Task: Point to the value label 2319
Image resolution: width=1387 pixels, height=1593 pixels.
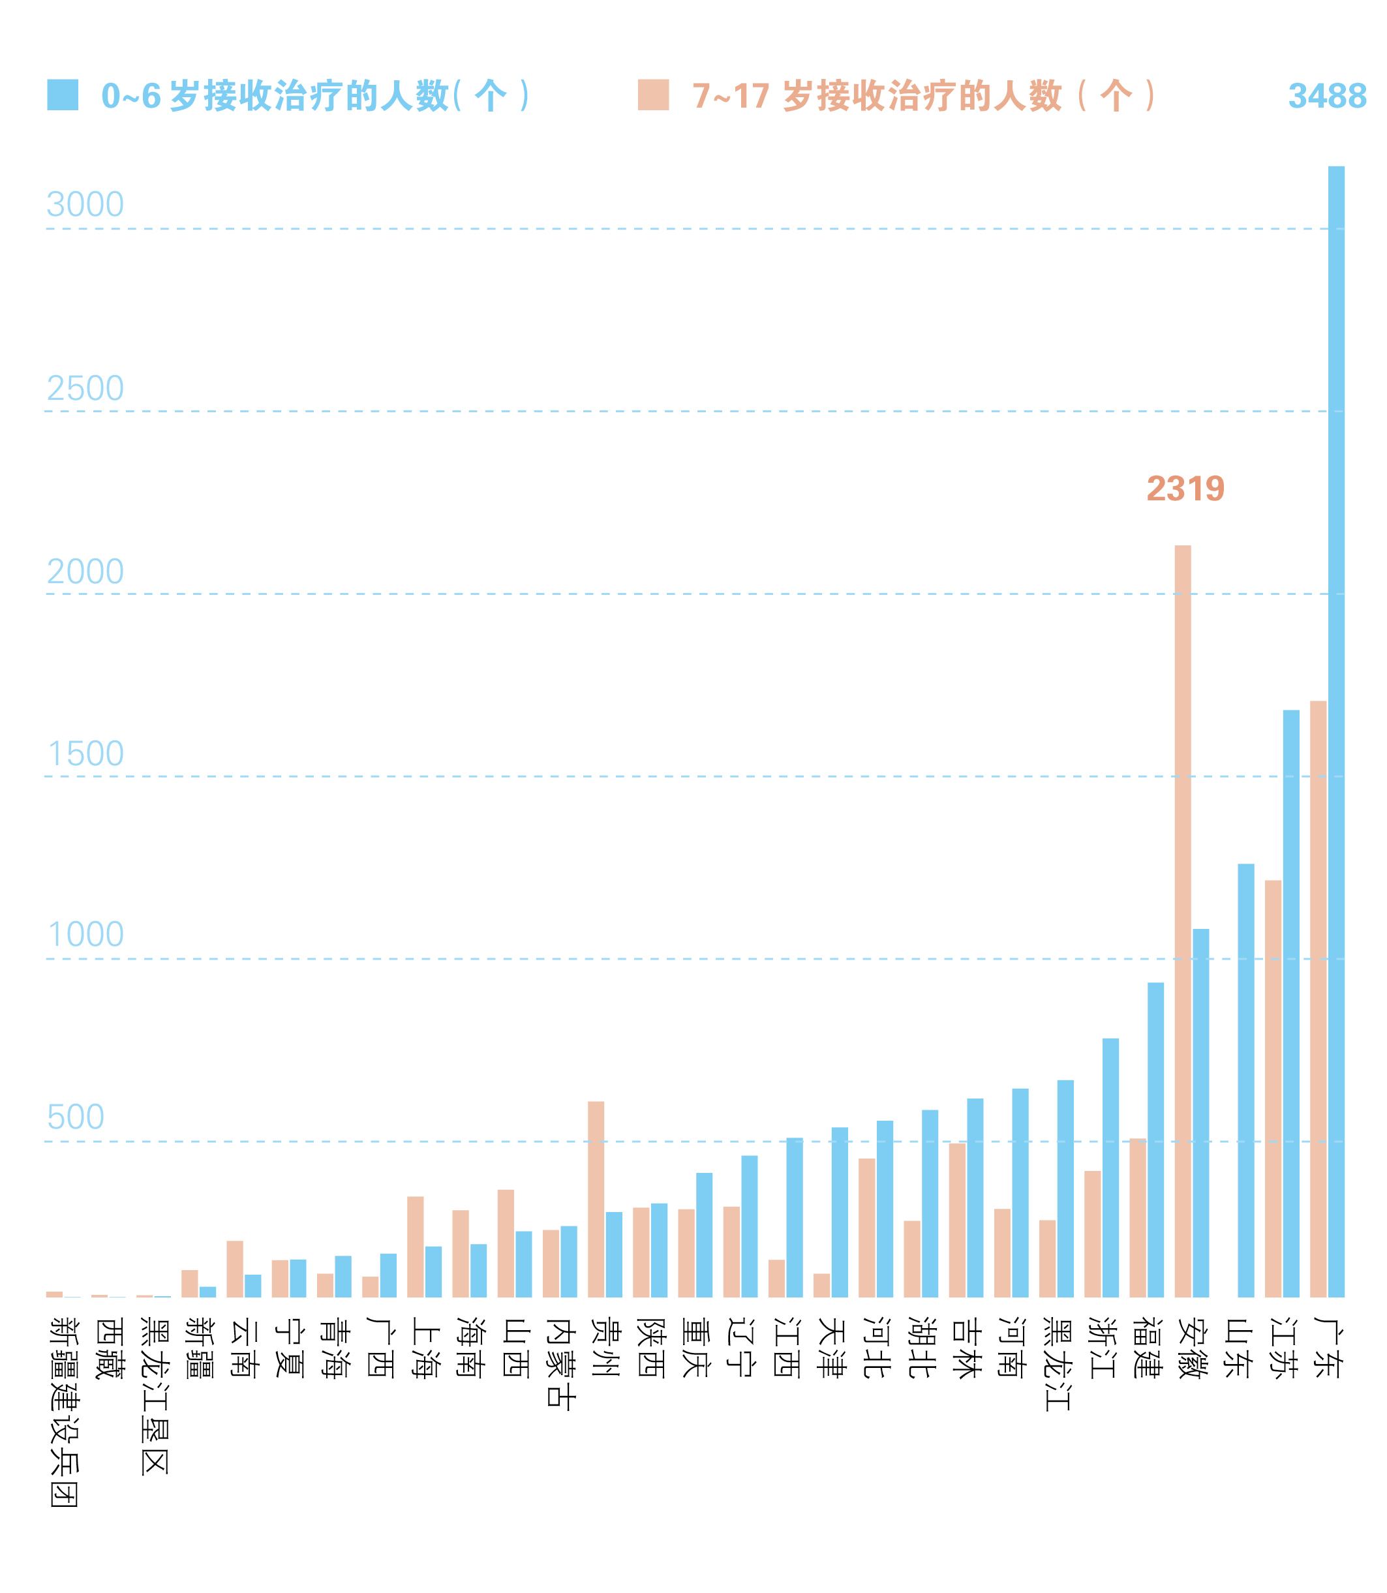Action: pyautogui.click(x=1185, y=489)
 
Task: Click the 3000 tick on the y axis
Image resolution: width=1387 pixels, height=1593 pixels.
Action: pyautogui.click(x=85, y=205)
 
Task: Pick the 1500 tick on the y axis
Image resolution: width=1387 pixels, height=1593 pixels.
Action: pyautogui.click(x=85, y=755)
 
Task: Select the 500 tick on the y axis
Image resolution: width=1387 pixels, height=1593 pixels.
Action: pyautogui.click(x=75, y=1117)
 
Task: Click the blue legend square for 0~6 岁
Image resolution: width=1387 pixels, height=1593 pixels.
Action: pyautogui.click(x=63, y=95)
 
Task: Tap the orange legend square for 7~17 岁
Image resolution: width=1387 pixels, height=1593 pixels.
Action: pyautogui.click(x=653, y=95)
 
